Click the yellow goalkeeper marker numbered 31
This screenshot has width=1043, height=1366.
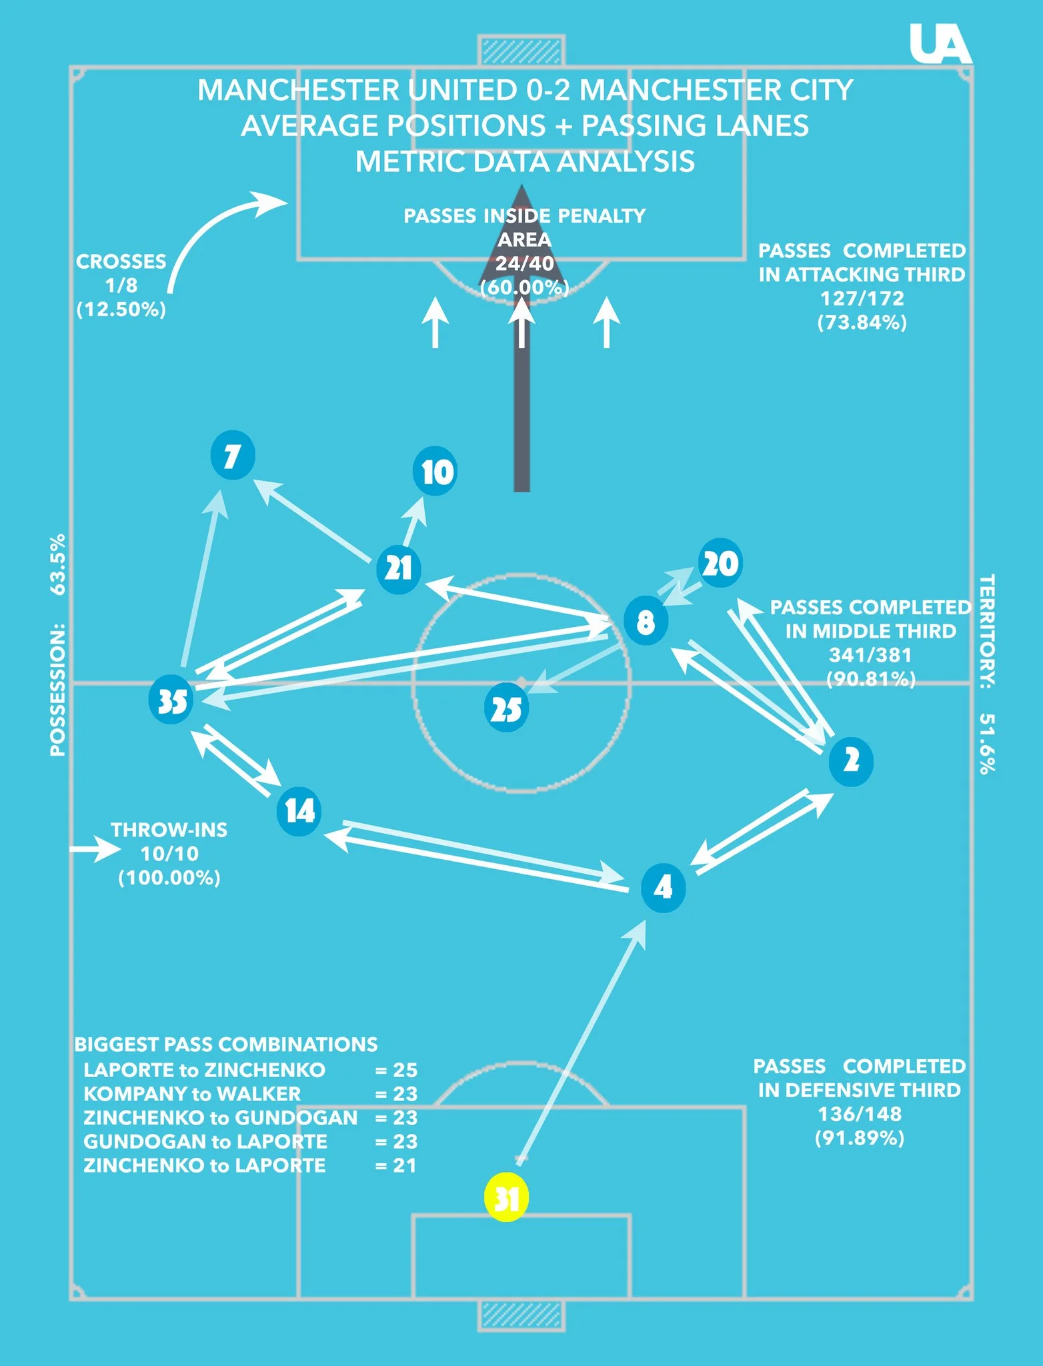(506, 1197)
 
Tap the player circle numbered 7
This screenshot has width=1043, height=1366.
(232, 456)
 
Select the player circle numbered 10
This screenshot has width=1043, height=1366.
(435, 472)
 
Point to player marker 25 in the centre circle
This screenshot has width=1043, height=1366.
(506, 708)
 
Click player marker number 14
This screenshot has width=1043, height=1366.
(299, 811)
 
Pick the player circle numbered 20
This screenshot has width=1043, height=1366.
(720, 564)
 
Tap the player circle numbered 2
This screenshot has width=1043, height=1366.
(851, 761)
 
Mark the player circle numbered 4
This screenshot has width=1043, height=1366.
(663, 888)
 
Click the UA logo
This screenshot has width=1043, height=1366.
(940, 44)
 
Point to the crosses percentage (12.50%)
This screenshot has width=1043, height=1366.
(121, 309)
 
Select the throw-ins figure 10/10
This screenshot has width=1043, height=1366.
(169, 854)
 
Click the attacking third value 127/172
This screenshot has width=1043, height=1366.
(862, 298)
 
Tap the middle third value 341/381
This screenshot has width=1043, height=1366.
(870, 655)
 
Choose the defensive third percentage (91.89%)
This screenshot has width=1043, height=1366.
(860, 1138)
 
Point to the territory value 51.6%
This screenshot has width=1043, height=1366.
(987, 743)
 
